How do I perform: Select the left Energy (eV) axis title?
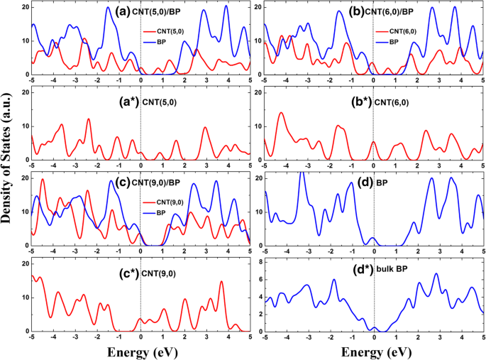(140, 351)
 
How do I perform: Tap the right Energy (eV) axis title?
(373, 351)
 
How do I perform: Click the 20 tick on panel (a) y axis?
(25, 6)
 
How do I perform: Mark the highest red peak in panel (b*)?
(281, 113)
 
